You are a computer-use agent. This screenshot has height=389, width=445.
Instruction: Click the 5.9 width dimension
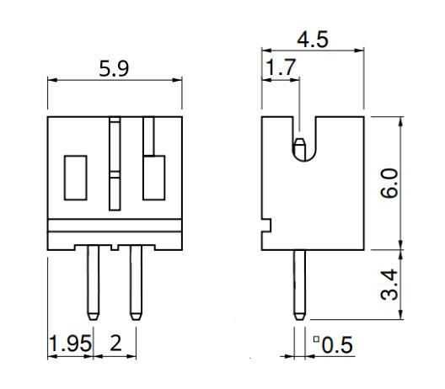[x=114, y=69]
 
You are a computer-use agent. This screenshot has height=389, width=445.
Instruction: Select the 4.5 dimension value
[x=313, y=40]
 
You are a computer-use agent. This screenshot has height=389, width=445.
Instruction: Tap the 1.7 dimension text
[x=280, y=67]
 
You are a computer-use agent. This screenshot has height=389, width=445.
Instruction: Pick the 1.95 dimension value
[x=67, y=344]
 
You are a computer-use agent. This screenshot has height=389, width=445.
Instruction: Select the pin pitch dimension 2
[x=115, y=344]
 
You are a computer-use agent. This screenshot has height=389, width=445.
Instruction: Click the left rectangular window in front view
[x=76, y=177]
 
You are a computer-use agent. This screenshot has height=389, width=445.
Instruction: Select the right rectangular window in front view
[x=153, y=177]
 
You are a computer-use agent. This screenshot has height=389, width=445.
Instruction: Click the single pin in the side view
[x=298, y=282]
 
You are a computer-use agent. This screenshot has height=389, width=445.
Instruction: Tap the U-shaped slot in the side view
[x=298, y=139]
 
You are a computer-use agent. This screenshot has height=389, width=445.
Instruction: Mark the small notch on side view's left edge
[x=265, y=225]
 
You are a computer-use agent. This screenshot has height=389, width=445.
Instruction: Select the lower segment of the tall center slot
[x=115, y=192]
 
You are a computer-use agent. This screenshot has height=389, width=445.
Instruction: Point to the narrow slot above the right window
[x=148, y=135]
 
